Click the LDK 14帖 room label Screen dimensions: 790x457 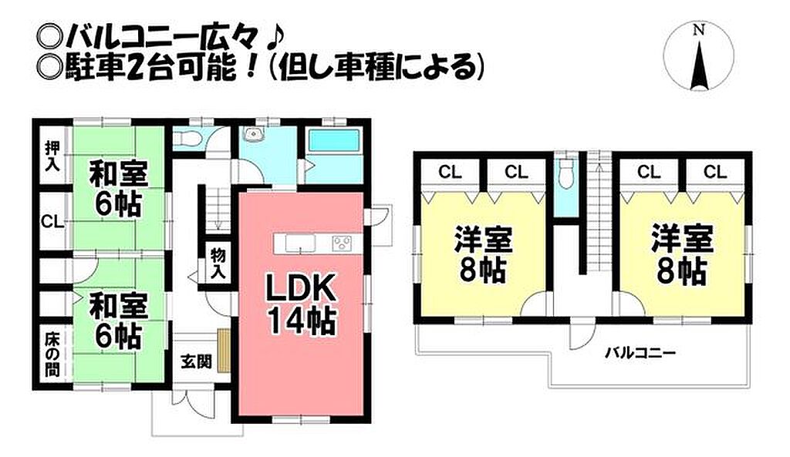[x=300, y=304]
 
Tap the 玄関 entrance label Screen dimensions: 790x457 [x=196, y=361]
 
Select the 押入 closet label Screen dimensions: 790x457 [x=52, y=156]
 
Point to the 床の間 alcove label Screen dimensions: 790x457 [x=52, y=355]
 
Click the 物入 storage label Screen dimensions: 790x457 [x=218, y=263]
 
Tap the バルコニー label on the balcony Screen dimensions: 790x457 [x=640, y=352]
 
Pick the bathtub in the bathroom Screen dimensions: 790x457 [x=333, y=140]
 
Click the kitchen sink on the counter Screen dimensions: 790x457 [x=300, y=244]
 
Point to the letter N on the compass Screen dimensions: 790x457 [x=698, y=30]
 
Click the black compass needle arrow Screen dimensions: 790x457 [x=698, y=66]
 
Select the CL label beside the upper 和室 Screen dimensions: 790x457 [x=52, y=221]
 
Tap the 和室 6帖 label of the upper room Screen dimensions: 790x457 [x=119, y=188]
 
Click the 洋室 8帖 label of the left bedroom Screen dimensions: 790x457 [x=483, y=254]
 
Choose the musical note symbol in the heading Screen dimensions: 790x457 [x=274, y=36]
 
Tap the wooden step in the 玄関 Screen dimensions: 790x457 [x=224, y=351]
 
